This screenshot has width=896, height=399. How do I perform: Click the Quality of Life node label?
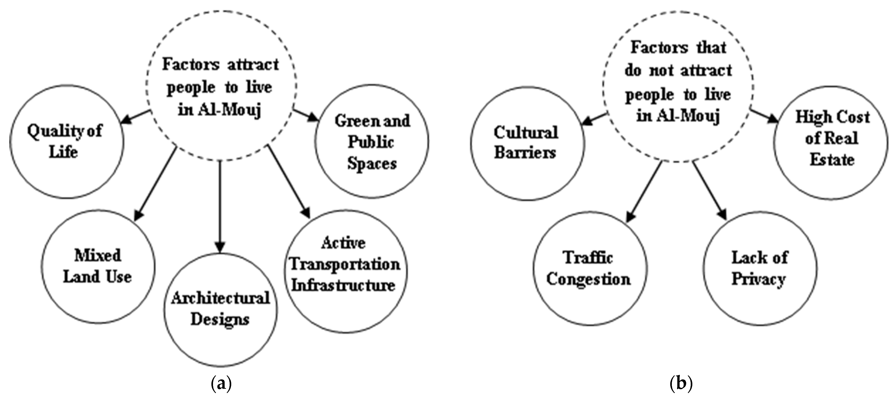coord(65,141)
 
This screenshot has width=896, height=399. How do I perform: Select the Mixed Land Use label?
coord(98,266)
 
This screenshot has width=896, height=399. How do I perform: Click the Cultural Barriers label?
coord(526,143)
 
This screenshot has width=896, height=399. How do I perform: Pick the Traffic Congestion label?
coord(588,268)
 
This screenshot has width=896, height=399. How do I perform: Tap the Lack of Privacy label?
coord(759,268)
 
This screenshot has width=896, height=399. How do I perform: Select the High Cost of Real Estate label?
coord(832,138)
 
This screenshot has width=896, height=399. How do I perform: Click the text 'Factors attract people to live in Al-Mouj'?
coord(221,87)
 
